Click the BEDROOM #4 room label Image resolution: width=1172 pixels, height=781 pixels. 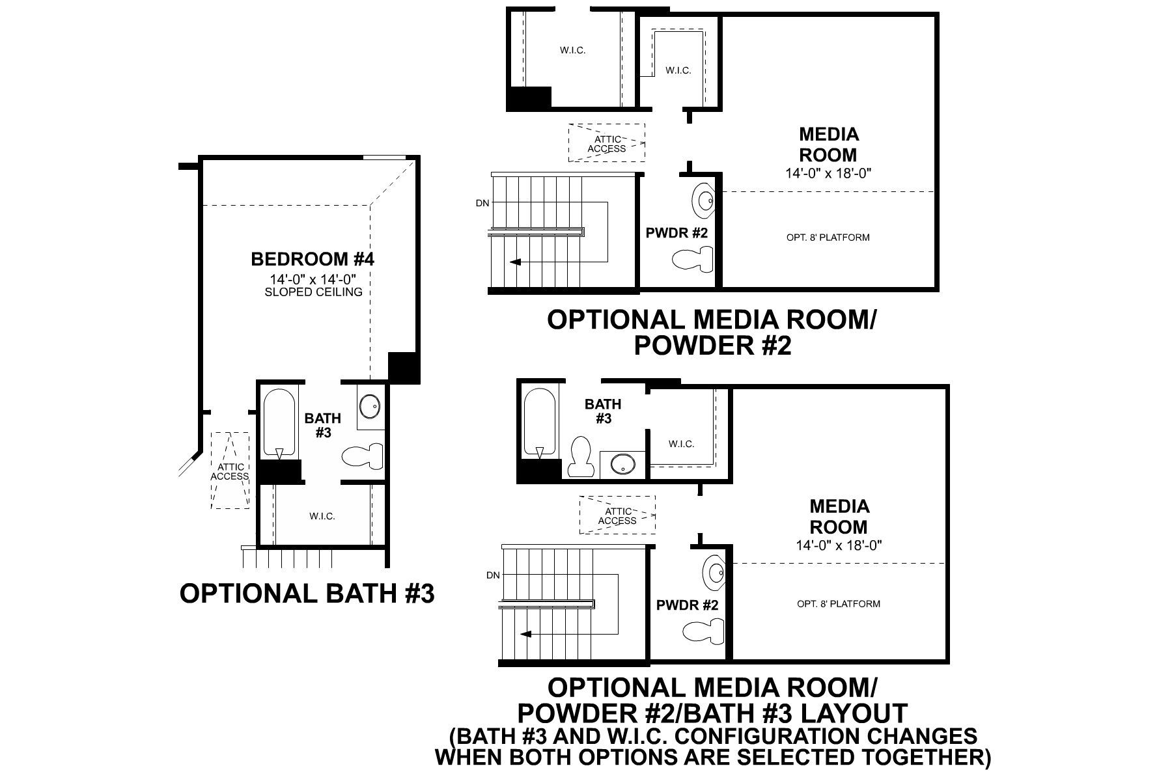click(313, 259)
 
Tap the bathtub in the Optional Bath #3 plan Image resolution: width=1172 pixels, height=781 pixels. click(281, 424)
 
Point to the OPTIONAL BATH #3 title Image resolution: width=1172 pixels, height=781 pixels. click(307, 594)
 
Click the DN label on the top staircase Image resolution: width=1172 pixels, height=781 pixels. click(482, 203)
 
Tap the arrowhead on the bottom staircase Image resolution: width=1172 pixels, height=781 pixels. click(525, 633)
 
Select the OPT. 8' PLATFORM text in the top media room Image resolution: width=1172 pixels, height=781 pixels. click(828, 238)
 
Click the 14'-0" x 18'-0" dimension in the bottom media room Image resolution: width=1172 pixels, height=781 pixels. click(839, 545)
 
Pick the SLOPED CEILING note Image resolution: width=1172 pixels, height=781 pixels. click(313, 292)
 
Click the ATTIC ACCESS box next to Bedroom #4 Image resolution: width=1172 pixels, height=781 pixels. click(230, 471)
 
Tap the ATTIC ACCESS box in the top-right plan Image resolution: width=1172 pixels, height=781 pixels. click(607, 143)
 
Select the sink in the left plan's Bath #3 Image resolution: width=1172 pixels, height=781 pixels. click(370, 407)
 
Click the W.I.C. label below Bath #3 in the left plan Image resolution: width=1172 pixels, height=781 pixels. click(322, 516)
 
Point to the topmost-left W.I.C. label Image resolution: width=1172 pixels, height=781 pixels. click(572, 50)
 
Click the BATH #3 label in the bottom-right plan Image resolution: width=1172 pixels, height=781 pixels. click(603, 411)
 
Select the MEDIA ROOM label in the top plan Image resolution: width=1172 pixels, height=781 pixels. click(828, 144)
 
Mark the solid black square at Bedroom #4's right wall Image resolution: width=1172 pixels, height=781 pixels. click(404, 368)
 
